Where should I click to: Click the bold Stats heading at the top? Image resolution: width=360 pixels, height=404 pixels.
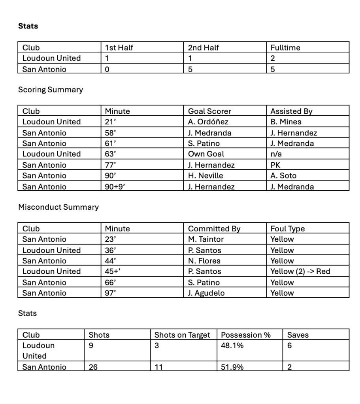click(x=28, y=26)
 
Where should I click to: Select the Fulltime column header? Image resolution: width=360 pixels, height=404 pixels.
click(x=285, y=47)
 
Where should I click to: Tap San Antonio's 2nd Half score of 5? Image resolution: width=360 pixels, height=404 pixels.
click(x=190, y=69)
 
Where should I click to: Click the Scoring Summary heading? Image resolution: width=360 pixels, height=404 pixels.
click(x=51, y=90)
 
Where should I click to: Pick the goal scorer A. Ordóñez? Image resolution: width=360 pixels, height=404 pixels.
click(x=208, y=122)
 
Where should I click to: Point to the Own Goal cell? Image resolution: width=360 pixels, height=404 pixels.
click(x=206, y=154)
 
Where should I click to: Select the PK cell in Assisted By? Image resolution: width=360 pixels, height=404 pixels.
click(x=275, y=165)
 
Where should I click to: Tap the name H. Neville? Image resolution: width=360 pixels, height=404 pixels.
click(x=205, y=176)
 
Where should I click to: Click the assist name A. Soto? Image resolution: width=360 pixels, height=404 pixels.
click(x=283, y=176)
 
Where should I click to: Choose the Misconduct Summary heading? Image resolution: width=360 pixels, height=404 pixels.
click(x=58, y=207)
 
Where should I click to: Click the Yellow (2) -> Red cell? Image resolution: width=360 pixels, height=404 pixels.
click(x=300, y=271)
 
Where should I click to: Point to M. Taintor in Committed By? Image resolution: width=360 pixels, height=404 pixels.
click(x=206, y=239)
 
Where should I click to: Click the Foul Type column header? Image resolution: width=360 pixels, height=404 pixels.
click(x=288, y=228)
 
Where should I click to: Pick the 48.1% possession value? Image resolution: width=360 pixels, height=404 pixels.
click(x=232, y=346)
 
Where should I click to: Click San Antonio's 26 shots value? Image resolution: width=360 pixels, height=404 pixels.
click(x=93, y=367)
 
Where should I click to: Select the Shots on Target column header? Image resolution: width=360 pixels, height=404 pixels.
click(x=182, y=335)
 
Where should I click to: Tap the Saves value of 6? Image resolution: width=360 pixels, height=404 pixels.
click(x=289, y=346)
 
